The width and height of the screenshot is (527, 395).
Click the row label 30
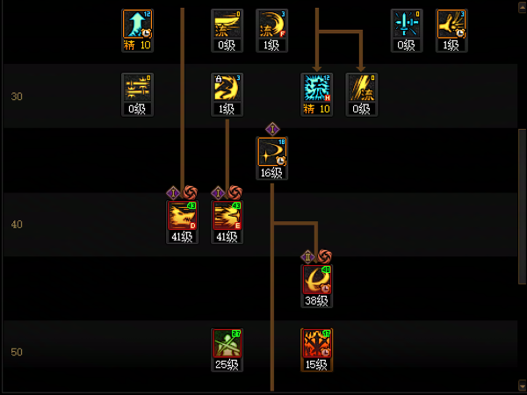tap(17, 97)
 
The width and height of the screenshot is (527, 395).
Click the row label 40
tap(17, 225)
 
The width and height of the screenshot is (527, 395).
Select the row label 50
tap(17, 352)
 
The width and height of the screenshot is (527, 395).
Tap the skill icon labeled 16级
tap(271, 152)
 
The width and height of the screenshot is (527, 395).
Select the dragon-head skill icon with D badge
tap(182, 216)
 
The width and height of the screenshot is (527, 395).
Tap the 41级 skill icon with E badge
tap(227, 216)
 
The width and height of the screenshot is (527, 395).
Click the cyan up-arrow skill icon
tap(137, 25)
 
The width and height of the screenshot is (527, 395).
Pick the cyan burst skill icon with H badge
tap(316, 88)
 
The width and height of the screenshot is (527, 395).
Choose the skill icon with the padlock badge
tap(227, 88)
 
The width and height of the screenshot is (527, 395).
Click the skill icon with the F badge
tap(271, 25)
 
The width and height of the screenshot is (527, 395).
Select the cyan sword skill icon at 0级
tap(406, 25)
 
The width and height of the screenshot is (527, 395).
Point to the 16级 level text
tap(271, 173)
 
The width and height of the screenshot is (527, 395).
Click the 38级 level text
tap(316, 300)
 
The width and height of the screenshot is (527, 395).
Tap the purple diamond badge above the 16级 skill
tap(271, 128)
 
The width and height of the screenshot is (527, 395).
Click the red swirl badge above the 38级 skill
tap(323, 255)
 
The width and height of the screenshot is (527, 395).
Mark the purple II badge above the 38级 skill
tap(308, 255)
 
